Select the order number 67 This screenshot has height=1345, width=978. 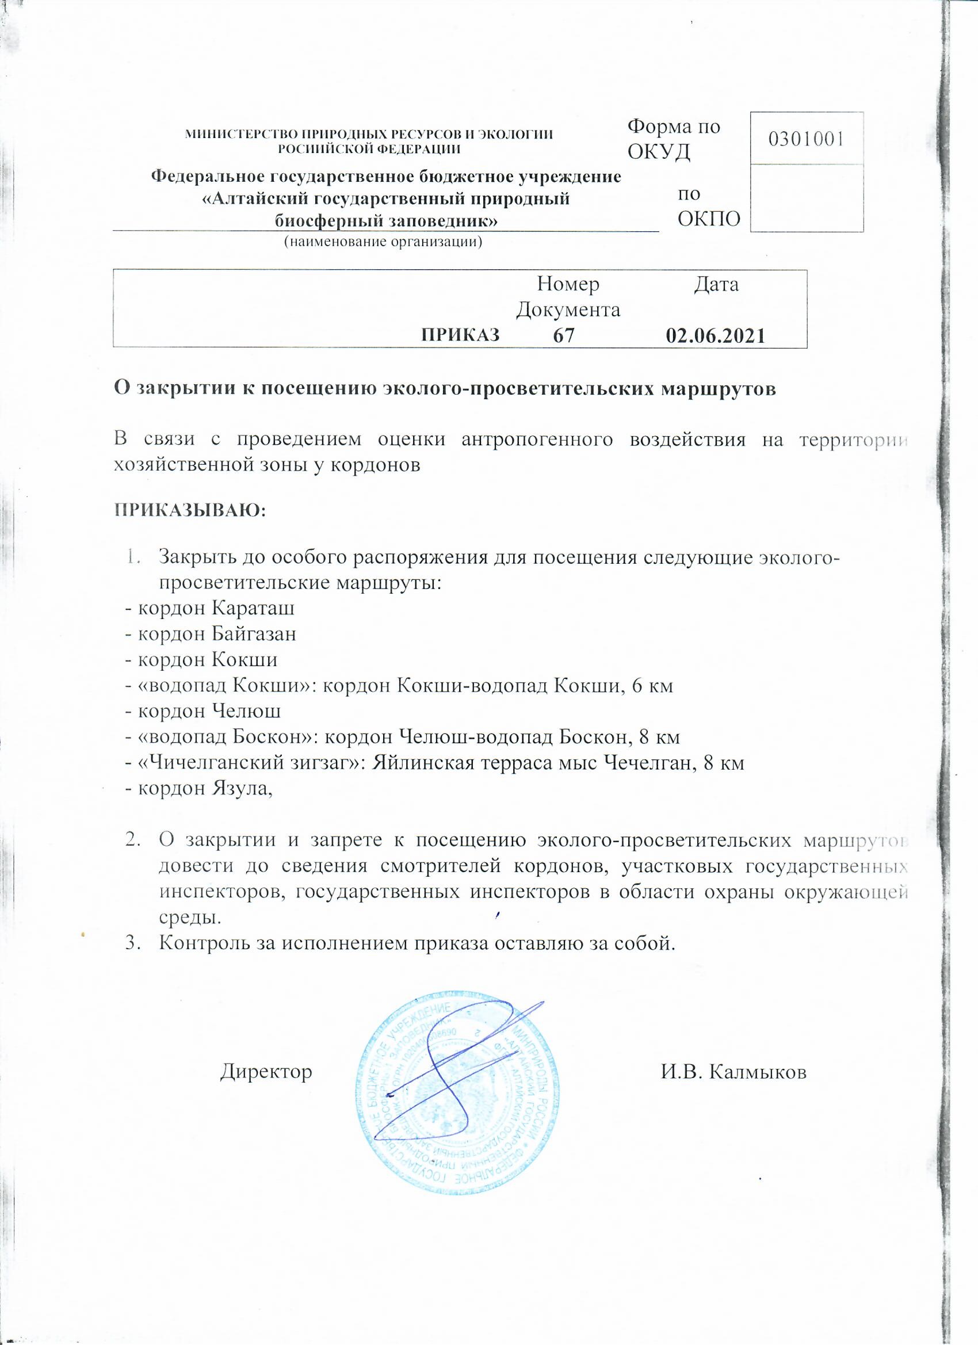tap(563, 336)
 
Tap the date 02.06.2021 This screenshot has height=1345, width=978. tap(716, 336)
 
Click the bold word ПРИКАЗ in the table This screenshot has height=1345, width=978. tap(460, 335)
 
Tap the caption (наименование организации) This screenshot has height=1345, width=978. tap(383, 242)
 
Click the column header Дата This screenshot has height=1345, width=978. tap(716, 285)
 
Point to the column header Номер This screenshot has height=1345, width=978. tap(568, 285)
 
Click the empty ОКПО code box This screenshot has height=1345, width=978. tap(806, 197)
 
